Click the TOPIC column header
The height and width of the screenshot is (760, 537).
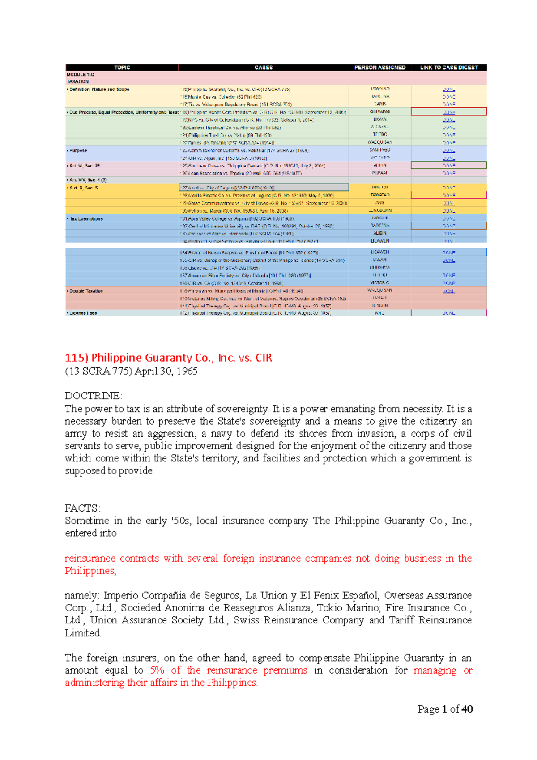point(122,68)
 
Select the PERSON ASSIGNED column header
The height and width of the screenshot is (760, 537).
point(379,68)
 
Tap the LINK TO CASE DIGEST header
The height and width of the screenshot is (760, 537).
point(449,68)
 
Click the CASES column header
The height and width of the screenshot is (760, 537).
point(263,68)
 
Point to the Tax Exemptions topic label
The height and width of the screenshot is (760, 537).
point(86,219)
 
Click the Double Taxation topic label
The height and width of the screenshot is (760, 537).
point(86,291)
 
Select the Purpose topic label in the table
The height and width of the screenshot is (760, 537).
point(78,151)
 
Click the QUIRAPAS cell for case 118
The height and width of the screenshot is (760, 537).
point(379,111)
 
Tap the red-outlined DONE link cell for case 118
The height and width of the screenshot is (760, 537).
point(449,112)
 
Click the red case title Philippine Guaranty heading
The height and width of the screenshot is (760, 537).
point(168,358)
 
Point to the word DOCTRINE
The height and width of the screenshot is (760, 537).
point(93,396)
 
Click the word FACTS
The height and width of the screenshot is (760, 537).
point(82,508)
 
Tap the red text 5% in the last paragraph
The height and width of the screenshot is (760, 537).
point(157,670)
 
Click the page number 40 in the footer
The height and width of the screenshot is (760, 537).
point(467,709)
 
